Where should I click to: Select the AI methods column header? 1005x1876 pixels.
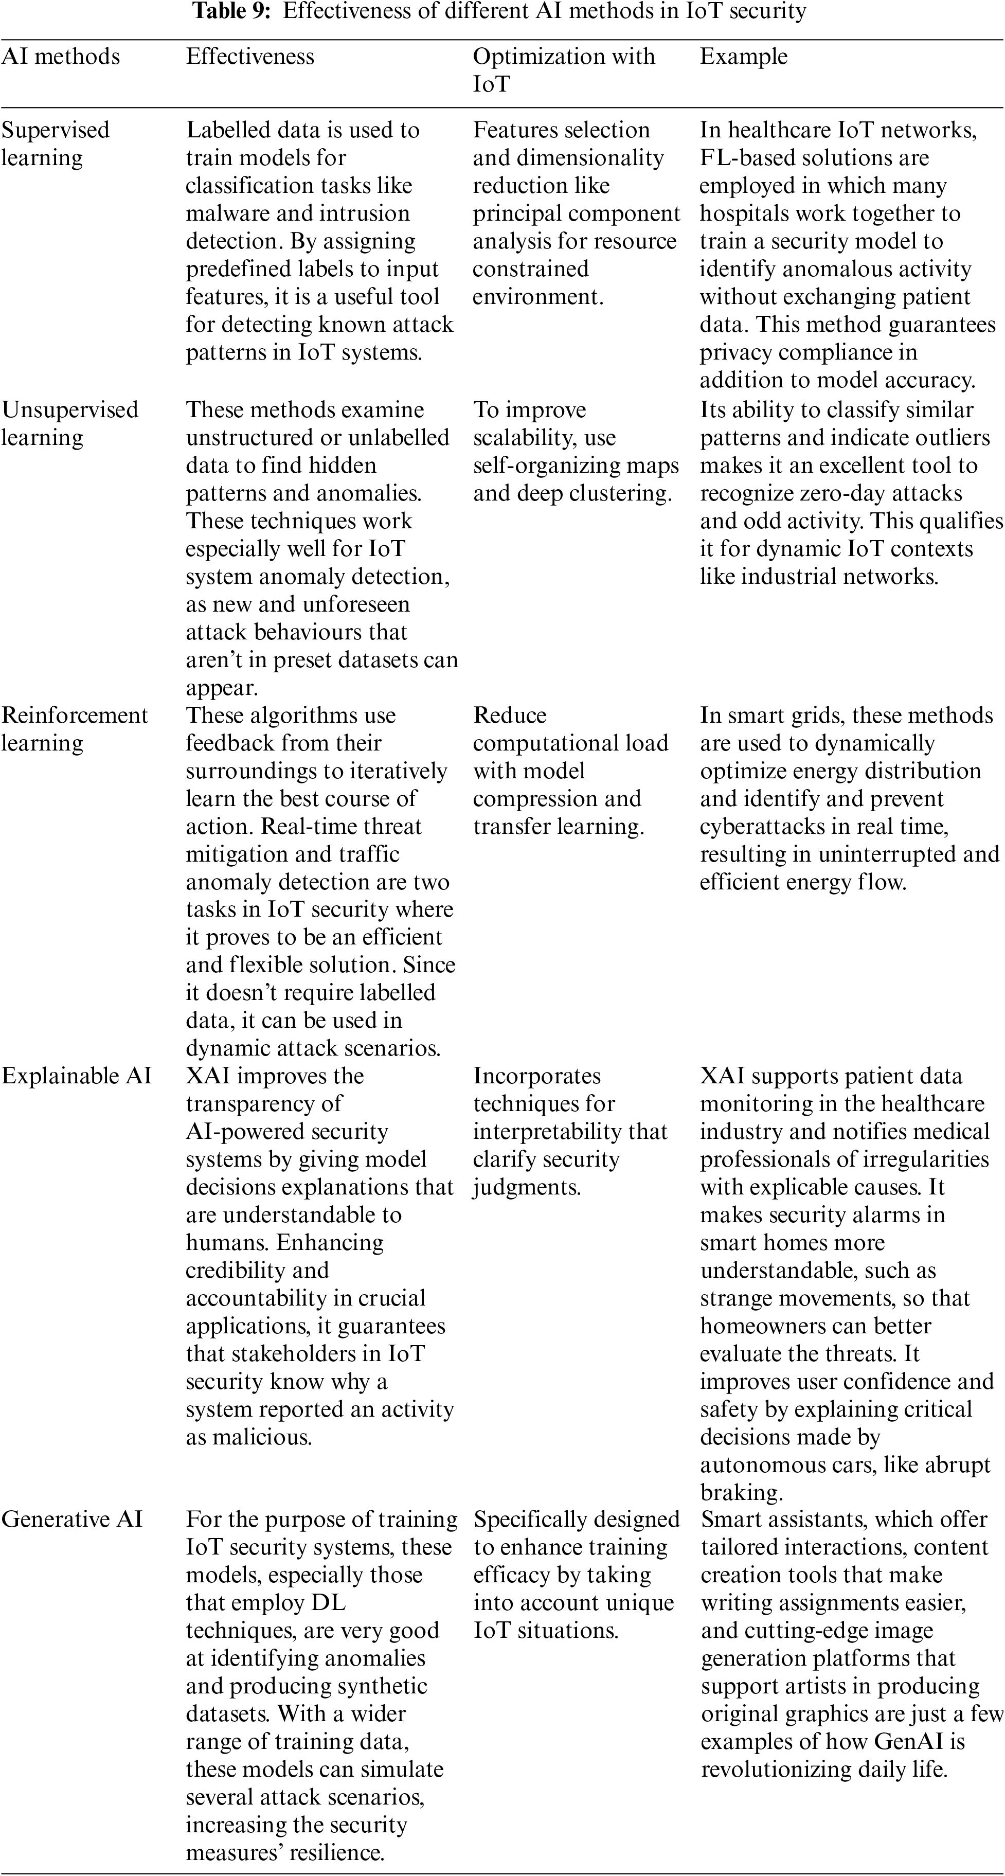tap(61, 57)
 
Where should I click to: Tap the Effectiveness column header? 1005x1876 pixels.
tap(250, 57)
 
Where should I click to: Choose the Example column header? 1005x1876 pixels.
tap(744, 57)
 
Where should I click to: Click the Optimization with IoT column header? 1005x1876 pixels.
tap(564, 70)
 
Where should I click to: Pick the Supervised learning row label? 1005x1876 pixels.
tap(56, 144)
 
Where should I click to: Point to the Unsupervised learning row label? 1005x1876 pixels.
tap(69, 423)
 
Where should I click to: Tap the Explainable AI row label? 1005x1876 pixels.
tap(77, 1076)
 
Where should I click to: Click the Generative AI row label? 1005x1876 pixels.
tap(72, 1519)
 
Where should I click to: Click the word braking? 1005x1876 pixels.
tap(740, 1492)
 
